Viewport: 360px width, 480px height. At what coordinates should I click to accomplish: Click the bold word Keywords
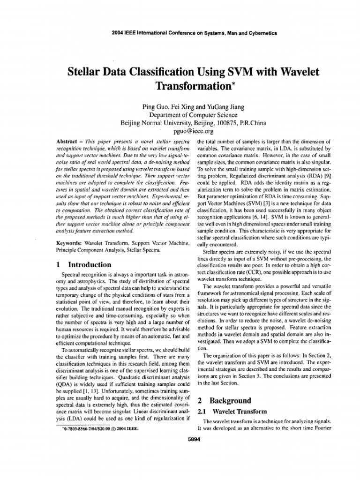pos(69,244)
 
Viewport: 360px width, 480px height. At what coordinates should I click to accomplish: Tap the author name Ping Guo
pos(156,107)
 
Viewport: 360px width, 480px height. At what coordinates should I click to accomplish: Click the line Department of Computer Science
pos(193,115)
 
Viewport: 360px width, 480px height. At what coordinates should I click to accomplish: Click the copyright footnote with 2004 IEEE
pos(100,428)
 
